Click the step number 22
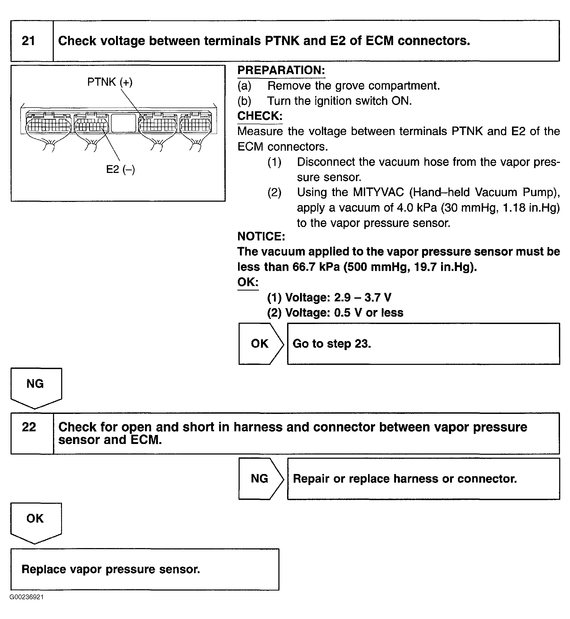pos(29,427)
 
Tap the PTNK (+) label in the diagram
pos(110,82)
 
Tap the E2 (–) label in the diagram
pos(120,169)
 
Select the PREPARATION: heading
pos(281,70)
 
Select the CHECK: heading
pos(260,116)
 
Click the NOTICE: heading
pos(261,236)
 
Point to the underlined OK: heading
pos(248,282)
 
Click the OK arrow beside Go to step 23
pos(260,344)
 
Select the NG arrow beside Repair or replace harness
pos(260,479)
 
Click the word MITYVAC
pos(378,192)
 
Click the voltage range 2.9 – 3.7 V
pos(363,298)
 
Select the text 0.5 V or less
pos(369,313)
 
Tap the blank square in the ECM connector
pos(123,123)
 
